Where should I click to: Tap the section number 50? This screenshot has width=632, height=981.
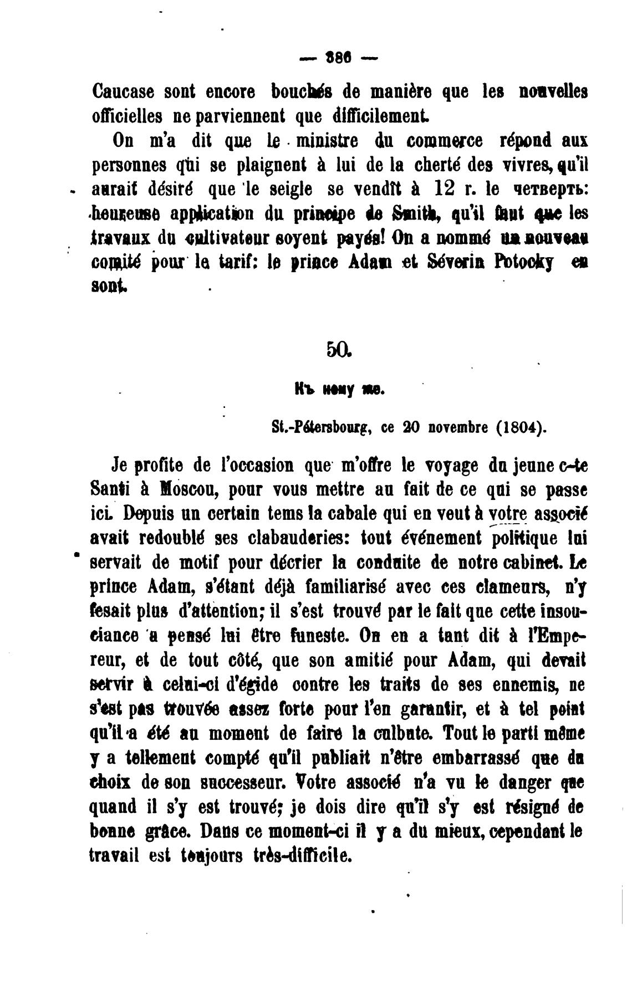[x=337, y=349]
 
